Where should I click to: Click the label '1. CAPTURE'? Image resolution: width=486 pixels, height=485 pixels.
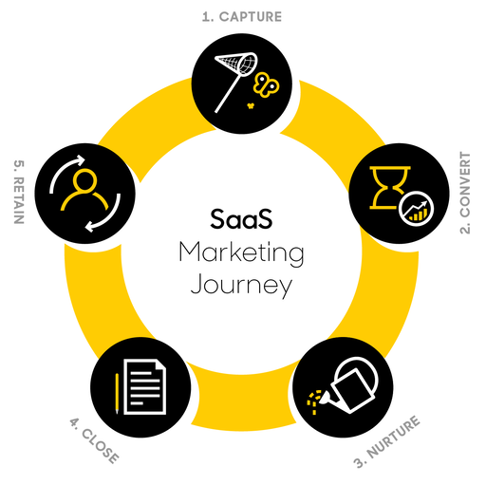[x=242, y=17]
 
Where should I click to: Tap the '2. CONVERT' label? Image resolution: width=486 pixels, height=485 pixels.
[x=465, y=193]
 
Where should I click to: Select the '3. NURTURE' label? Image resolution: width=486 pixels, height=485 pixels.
[x=387, y=441]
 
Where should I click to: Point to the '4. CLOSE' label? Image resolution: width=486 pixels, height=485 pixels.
[x=94, y=440]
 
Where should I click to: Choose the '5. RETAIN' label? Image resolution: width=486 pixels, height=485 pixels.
[x=19, y=192]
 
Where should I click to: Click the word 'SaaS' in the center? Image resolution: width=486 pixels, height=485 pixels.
[x=241, y=219]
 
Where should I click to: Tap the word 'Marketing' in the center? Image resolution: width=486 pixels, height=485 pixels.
[x=242, y=253]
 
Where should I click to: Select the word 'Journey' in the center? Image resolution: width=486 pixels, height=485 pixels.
[x=241, y=285]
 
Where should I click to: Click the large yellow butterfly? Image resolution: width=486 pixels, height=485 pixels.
[x=266, y=84]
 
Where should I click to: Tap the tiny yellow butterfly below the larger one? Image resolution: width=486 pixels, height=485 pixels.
[x=251, y=105]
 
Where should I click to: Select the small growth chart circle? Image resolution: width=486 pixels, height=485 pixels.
[x=417, y=209]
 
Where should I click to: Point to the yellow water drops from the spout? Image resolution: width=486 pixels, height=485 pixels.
[x=314, y=401]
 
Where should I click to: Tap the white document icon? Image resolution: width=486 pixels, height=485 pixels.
[x=144, y=386]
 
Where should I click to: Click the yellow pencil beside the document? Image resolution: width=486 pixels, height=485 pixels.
[x=117, y=393]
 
